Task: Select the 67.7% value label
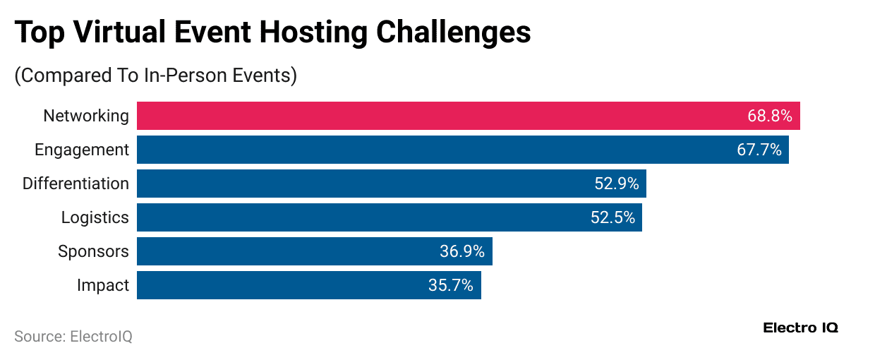tap(759, 150)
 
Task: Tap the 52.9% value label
tap(617, 184)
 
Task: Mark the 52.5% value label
tap(612, 217)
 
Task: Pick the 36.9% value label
tap(463, 251)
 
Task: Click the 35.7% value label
tap(451, 285)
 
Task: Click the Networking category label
tap(86, 116)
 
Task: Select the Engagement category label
tap(82, 150)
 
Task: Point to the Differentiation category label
tap(76, 184)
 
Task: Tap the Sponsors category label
tap(93, 251)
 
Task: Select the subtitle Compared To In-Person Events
tap(155, 76)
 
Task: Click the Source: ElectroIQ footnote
tap(73, 337)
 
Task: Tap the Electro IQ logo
tap(801, 328)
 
